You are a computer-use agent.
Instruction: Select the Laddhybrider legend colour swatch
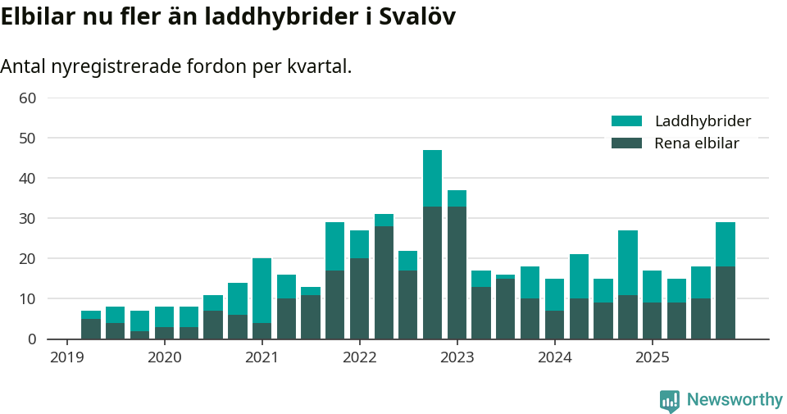point(626,121)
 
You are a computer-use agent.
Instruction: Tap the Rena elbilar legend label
point(696,143)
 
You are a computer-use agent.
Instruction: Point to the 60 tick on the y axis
point(28,98)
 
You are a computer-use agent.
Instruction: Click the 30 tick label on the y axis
point(28,219)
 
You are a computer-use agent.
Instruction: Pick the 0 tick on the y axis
point(32,339)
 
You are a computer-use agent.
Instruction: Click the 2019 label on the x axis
point(66,357)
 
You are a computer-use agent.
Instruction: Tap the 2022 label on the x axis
point(359,357)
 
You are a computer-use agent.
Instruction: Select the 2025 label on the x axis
point(652,357)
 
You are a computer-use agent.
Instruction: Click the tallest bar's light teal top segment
point(432,178)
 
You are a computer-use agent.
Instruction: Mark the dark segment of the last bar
point(725,303)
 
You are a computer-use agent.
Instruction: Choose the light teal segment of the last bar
point(725,244)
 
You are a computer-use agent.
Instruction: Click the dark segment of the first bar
point(91,329)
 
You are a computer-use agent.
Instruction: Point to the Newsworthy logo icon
point(669,401)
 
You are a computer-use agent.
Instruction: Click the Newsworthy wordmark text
point(735,400)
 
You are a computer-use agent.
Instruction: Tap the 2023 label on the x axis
point(457,357)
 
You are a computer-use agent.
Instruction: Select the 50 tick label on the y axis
point(28,139)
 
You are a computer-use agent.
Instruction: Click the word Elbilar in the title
point(37,16)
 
